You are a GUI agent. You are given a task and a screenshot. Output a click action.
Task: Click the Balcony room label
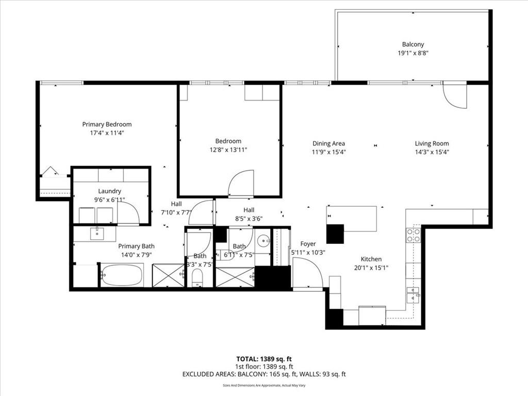pyautogui.click(x=413, y=44)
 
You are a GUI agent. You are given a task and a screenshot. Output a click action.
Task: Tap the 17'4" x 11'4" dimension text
pyautogui.click(x=107, y=133)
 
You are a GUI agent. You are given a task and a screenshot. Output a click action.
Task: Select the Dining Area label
pyautogui.click(x=328, y=143)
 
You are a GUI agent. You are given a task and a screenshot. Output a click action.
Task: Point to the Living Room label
pyautogui.click(x=432, y=143)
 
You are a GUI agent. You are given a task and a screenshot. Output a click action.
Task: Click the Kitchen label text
pyautogui.click(x=371, y=259)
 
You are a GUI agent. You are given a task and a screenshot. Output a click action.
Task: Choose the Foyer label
pyautogui.click(x=308, y=244)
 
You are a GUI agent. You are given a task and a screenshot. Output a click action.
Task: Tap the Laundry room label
pyautogui.click(x=109, y=191)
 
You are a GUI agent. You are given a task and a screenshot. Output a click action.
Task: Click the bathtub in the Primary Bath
pyautogui.click(x=122, y=275)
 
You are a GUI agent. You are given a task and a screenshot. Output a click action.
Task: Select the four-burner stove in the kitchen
pyautogui.click(x=414, y=235)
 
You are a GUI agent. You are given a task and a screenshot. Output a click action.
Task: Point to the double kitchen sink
pyautogui.click(x=413, y=295)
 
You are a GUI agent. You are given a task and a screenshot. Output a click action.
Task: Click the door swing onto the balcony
pyautogui.click(x=454, y=96)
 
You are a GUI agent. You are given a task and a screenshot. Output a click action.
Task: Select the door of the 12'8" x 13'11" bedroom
pyautogui.click(x=241, y=185)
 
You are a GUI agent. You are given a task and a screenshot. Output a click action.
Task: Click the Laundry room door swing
pyautogui.click(x=127, y=213)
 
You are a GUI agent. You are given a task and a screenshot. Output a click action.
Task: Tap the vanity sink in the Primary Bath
pyautogui.click(x=97, y=234)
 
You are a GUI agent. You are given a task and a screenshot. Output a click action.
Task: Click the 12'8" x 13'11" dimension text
pyautogui.click(x=228, y=150)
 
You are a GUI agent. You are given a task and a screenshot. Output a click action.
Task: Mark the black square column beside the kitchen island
pyautogui.click(x=335, y=234)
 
